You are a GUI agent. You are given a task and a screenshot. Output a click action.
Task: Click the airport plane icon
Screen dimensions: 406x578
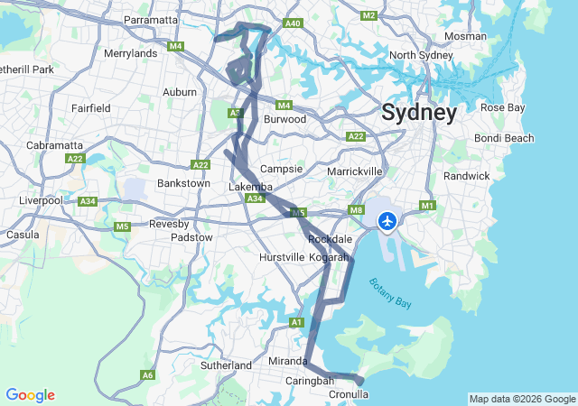[x=388, y=220]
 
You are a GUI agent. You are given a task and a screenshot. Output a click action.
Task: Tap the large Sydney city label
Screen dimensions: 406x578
[x=418, y=113]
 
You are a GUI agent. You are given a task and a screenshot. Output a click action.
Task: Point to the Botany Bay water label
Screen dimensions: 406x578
[x=390, y=294]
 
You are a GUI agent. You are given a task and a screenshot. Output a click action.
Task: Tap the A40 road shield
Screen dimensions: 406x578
[x=292, y=23]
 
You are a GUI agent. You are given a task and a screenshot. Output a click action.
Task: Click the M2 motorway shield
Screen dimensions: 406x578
[x=368, y=16]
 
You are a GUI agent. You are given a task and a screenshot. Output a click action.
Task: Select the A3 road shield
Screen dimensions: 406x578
[x=235, y=113]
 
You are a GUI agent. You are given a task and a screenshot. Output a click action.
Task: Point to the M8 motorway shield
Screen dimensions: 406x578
[x=357, y=210]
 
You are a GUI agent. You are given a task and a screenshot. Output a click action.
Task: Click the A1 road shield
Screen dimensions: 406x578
[x=296, y=322]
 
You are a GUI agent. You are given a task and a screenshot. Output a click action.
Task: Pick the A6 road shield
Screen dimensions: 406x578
[x=147, y=374]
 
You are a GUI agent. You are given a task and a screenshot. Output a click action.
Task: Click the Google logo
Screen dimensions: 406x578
[x=30, y=395]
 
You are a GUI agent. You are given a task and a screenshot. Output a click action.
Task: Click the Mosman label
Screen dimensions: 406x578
[x=465, y=37]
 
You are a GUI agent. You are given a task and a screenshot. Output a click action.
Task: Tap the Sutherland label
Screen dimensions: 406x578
[x=226, y=365]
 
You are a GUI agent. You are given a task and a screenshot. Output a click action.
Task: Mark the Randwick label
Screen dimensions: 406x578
[x=466, y=176]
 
